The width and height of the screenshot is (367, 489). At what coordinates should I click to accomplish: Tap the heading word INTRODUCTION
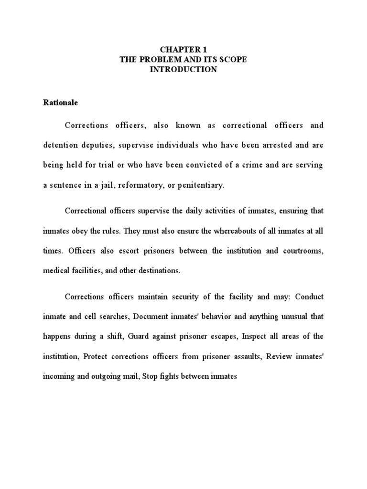pos(183,70)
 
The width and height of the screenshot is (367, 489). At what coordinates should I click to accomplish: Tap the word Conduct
pos(310,297)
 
